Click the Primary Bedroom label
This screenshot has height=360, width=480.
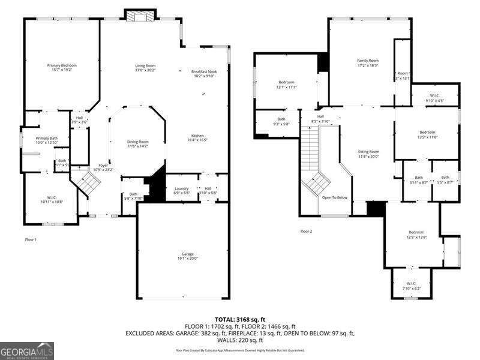point(62,65)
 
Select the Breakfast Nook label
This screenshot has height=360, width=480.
point(204,71)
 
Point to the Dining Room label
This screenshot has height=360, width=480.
point(138,142)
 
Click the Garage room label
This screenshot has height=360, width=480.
point(183,254)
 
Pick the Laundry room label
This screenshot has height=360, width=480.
point(181,188)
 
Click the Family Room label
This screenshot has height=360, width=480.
point(368,61)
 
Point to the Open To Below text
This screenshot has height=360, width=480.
point(334,197)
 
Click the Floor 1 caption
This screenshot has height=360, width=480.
point(31,239)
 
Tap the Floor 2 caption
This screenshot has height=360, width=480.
point(306,231)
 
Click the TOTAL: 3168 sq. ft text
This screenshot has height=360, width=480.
point(240,319)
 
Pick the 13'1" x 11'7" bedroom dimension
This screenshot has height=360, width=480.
point(286,87)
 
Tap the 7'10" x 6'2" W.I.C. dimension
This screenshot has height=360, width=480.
point(411,289)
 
